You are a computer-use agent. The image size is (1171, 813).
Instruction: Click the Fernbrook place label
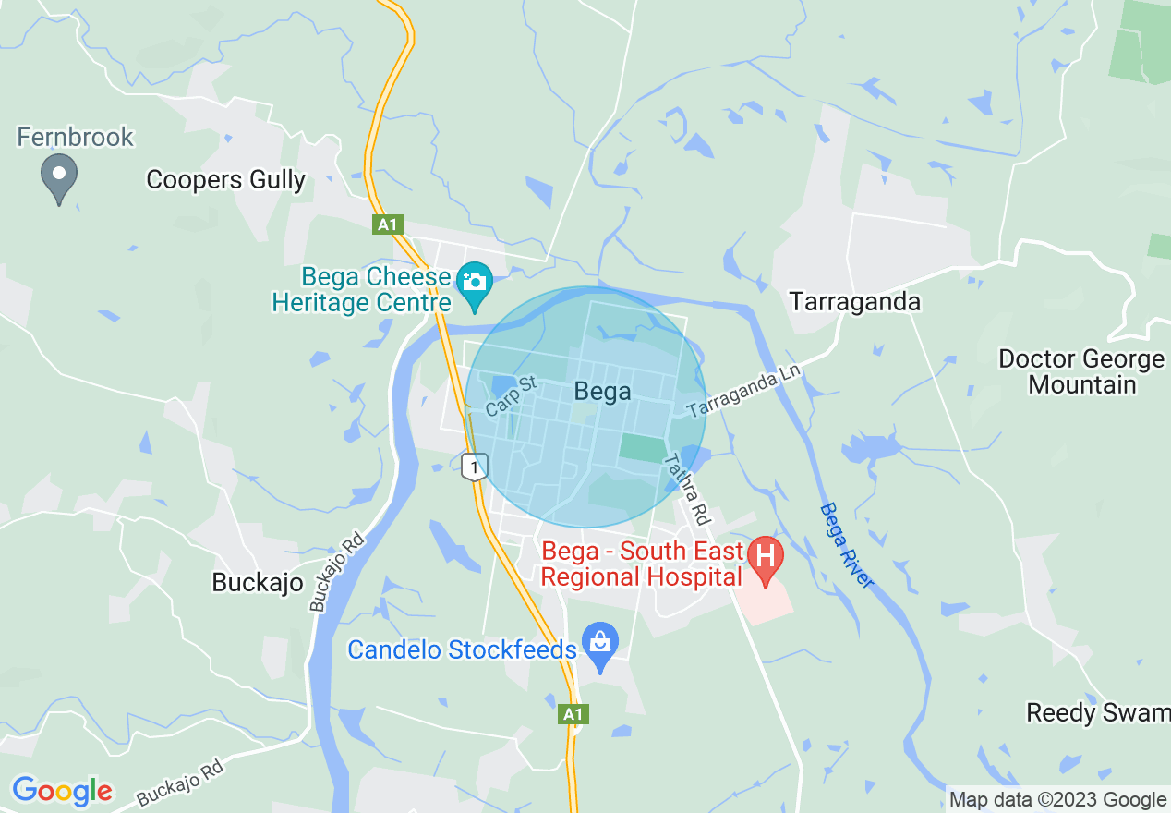[x=76, y=138]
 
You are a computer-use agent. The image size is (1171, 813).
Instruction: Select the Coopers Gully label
[x=225, y=179]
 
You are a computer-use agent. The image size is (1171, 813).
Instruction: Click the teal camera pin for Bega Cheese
[x=475, y=284]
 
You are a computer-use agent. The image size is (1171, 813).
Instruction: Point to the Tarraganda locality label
[x=855, y=302]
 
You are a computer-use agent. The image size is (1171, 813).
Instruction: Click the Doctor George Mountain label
[x=1081, y=371]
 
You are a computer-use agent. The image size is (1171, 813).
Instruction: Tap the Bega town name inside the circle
[x=602, y=392]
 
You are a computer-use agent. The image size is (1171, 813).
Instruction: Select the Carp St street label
[x=511, y=396]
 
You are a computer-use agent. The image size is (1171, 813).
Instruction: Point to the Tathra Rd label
[x=686, y=490]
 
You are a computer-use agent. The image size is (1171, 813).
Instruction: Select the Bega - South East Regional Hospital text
[x=642, y=564]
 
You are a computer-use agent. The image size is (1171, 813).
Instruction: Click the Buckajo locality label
[x=258, y=582]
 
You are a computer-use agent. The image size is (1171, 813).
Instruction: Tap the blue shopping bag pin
[x=600, y=643]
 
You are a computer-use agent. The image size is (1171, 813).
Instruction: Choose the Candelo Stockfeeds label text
[x=462, y=649]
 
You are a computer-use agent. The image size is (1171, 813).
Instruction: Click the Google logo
[x=62, y=791]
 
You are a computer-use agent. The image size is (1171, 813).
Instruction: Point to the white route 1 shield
[x=474, y=467]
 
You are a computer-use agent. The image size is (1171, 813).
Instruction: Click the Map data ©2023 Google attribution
[x=1058, y=799]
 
